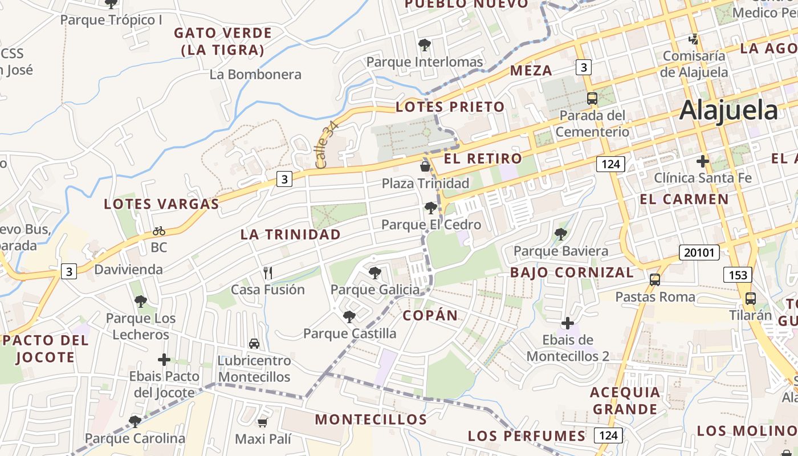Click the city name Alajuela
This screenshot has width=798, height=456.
728,110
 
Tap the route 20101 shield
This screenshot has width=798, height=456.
699,253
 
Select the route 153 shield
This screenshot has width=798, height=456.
738,275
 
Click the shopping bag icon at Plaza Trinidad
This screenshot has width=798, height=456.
425,166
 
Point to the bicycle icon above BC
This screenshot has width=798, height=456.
159,231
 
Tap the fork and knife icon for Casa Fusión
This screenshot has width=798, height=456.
268,273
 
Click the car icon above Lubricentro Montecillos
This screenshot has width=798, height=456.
254,344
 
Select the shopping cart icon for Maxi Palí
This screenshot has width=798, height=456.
262,422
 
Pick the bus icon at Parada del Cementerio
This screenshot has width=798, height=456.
592,98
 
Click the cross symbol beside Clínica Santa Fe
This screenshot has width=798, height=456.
702,161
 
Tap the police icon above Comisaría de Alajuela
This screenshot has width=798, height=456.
694,39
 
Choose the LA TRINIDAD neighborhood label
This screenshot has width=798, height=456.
290,234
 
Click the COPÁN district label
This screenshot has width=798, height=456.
430,316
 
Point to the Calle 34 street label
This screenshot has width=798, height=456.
327,144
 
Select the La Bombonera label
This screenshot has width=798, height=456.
255,75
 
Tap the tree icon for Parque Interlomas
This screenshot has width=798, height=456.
424,44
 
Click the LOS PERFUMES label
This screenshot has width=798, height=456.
527,436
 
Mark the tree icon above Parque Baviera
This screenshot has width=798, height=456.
560,234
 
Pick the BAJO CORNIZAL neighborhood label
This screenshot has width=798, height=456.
571,272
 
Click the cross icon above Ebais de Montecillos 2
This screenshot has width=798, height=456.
567,323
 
